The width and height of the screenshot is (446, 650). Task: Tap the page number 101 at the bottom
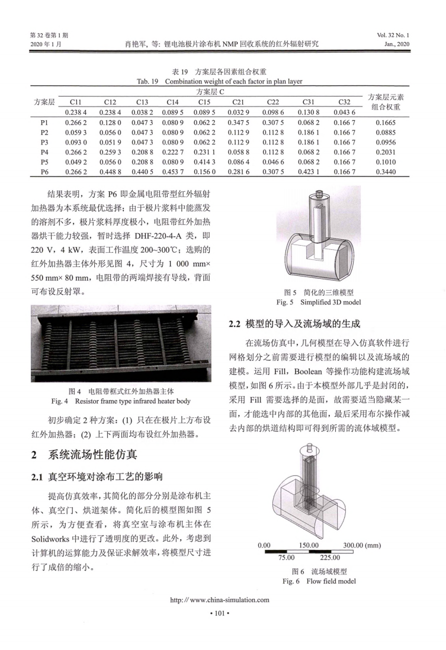tap(223, 613)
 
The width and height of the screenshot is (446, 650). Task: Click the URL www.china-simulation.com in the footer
tap(223, 600)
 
